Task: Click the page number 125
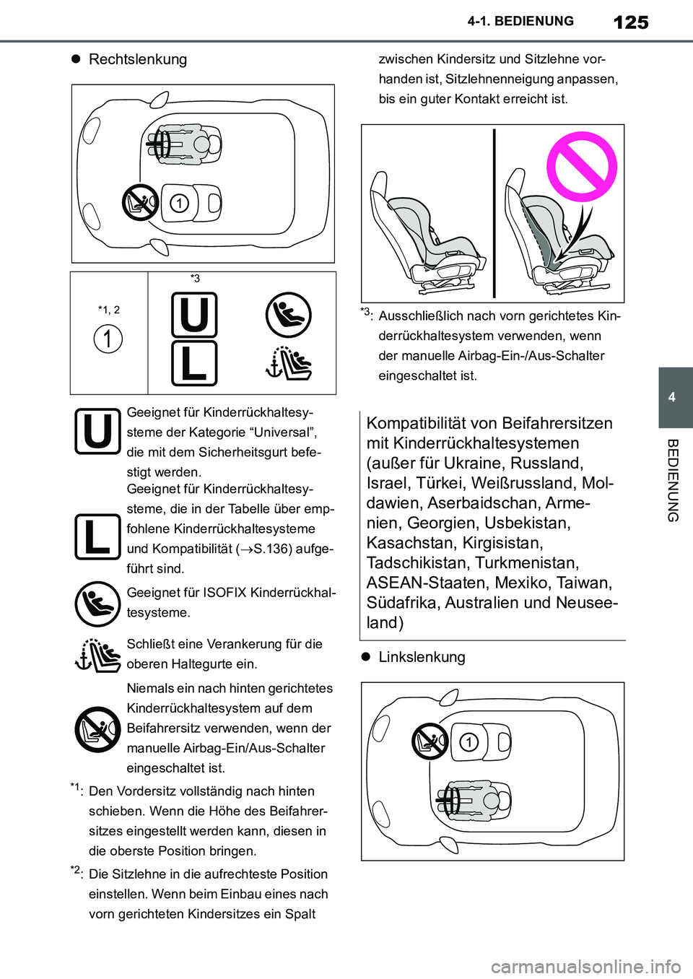[x=630, y=22]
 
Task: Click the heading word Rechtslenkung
[x=137, y=59]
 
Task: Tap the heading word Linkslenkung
[x=422, y=657]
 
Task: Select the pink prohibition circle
[x=582, y=167]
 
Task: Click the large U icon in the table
[x=194, y=315]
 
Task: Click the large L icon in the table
[x=194, y=363]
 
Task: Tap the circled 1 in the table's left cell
[x=108, y=338]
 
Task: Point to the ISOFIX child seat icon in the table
[x=288, y=315]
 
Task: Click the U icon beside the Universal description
[x=97, y=432]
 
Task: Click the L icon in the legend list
[x=97, y=537]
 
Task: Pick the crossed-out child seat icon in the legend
[x=97, y=728]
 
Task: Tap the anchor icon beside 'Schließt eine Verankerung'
[x=97, y=654]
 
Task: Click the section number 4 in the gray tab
[x=672, y=397]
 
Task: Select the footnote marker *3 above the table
[x=195, y=279]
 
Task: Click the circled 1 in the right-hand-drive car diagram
[x=179, y=204]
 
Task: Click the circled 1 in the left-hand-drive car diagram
[x=469, y=742]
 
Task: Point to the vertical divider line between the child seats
[x=494, y=213]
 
